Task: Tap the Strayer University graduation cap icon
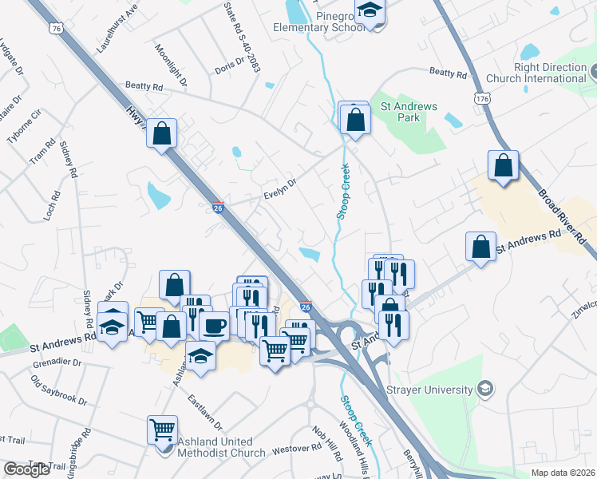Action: click(484, 389)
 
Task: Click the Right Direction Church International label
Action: click(550, 73)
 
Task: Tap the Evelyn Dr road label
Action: click(280, 188)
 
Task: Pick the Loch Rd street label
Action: click(52, 206)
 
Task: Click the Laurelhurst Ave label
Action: click(117, 28)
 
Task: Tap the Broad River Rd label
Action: click(566, 216)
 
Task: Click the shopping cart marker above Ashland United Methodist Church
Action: click(162, 430)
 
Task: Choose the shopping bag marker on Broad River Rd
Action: click(503, 166)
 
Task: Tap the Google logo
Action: click(26, 469)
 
